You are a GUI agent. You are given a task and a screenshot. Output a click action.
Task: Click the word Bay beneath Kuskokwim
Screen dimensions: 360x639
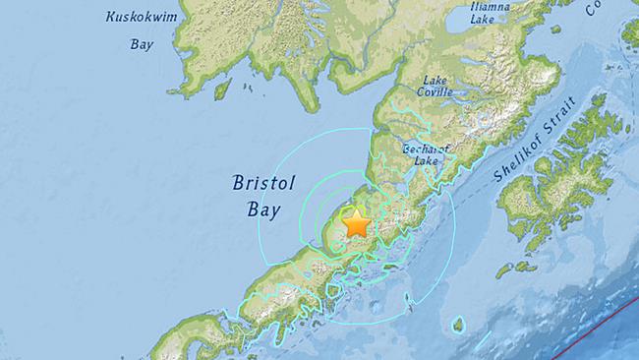click(x=142, y=43)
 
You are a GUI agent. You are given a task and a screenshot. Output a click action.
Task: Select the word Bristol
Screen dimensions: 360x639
click(x=258, y=182)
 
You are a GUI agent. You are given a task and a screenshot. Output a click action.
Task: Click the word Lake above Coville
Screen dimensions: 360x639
click(x=435, y=79)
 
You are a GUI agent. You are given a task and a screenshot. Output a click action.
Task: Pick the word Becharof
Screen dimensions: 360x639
click(x=425, y=149)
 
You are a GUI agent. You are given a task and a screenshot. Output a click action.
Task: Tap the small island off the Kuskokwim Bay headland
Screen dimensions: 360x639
click(x=222, y=90)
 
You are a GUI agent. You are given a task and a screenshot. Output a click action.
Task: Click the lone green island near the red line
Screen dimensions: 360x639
click(x=457, y=324)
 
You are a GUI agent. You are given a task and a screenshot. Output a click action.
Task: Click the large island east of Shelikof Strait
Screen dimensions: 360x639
click(x=555, y=177)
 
